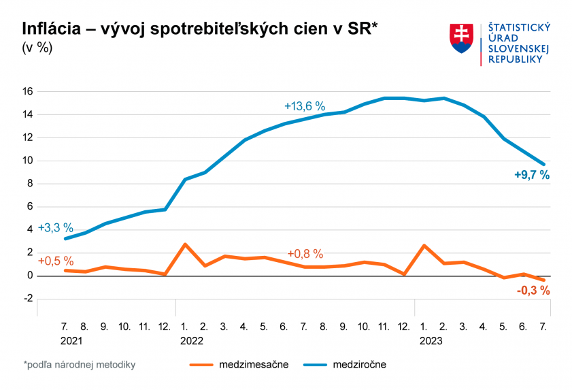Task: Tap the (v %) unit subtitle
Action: tap(37, 48)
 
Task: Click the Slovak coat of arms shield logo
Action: tap(461, 39)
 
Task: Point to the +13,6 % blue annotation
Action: tap(304, 106)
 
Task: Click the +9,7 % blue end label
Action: tap(531, 175)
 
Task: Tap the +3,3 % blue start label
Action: tap(55, 227)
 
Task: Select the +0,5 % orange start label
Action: tap(55, 261)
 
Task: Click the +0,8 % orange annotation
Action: tap(305, 254)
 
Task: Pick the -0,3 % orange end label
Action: tap(533, 291)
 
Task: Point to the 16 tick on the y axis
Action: tap(28, 91)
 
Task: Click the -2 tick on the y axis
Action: tap(28, 299)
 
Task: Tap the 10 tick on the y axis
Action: tap(28, 161)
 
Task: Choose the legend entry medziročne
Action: tap(359, 365)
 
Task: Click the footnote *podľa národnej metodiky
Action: tap(79, 365)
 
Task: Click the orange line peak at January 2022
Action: tap(185, 244)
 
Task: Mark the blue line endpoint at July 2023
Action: tap(543, 164)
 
